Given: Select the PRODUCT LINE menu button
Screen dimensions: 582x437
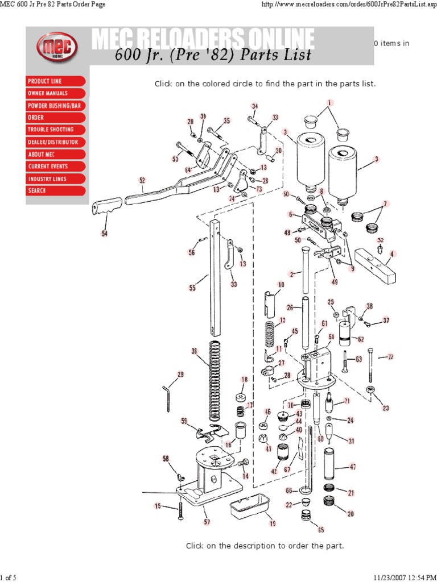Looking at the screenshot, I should (x=56, y=81).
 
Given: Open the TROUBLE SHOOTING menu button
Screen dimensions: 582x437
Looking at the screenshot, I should (x=56, y=130).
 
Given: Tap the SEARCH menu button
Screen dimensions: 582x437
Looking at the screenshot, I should (x=56, y=191).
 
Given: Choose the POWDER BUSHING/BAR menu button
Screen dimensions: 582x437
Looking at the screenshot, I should (x=56, y=106).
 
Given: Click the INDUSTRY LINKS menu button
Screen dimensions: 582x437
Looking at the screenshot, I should (x=56, y=178).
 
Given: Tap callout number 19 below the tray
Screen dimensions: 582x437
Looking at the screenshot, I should (x=272, y=523).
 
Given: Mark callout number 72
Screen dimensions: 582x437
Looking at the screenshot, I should (x=390, y=357).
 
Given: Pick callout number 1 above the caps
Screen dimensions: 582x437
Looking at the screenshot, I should (x=329, y=102).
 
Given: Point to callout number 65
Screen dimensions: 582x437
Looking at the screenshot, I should (x=321, y=530).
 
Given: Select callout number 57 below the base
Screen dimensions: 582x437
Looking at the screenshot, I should (x=206, y=521).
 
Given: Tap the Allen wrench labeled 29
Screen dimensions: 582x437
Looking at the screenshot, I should (x=168, y=397).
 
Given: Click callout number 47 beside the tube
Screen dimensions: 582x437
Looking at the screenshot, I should (x=353, y=467).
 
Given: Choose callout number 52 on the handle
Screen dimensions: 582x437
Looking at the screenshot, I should (x=142, y=180).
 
